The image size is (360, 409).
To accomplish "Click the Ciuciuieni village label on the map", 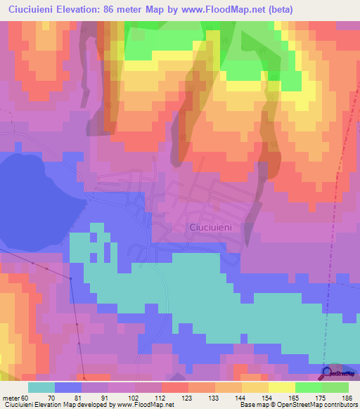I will [215, 227].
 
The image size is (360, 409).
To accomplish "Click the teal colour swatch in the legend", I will [41, 387].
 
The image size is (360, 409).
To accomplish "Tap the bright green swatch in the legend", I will [309, 387].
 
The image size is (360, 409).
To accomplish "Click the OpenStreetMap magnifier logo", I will [327, 374].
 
